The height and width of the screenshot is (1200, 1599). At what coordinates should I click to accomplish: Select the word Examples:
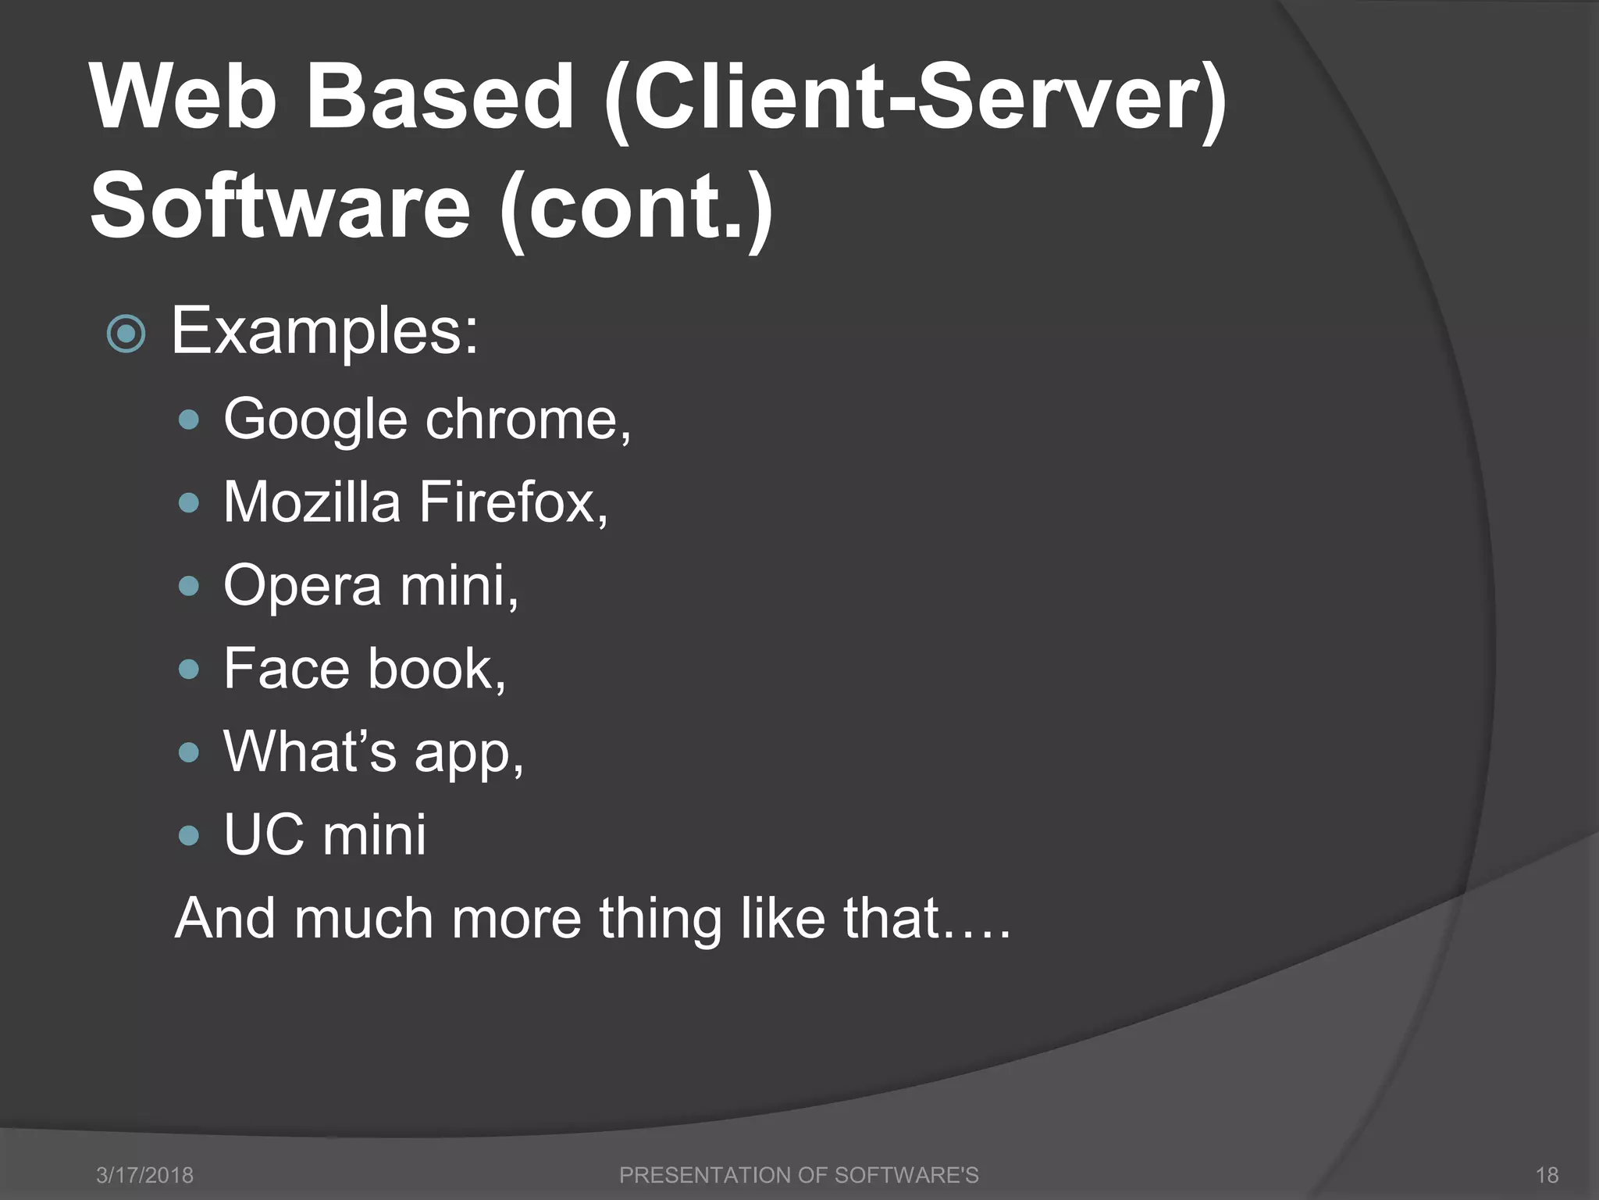click(x=324, y=332)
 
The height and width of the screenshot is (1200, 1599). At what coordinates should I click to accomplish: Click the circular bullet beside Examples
click(x=126, y=334)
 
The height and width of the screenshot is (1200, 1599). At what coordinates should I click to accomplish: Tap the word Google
click(x=315, y=420)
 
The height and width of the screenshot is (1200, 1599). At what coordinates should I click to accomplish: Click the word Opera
click(x=303, y=587)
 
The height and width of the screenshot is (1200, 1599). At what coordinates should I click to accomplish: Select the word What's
click(x=310, y=752)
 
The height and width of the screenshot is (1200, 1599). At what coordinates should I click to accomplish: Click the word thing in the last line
click(x=660, y=918)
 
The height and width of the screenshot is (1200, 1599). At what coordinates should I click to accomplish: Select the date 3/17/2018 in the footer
click(x=144, y=1175)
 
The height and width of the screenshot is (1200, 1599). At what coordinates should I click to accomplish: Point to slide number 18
click(x=1547, y=1175)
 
